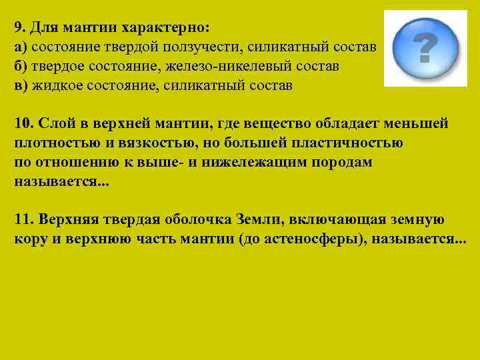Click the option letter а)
click(x=20, y=48)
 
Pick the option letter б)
click(x=20, y=67)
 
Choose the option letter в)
click(x=20, y=86)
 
